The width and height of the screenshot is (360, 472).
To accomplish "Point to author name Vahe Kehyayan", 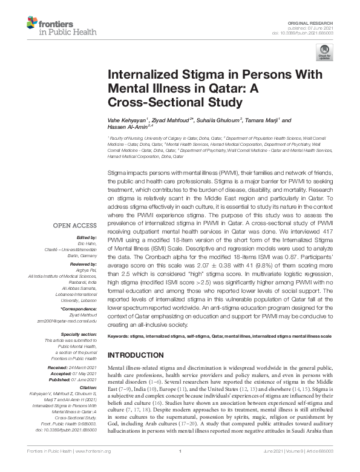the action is (127, 120).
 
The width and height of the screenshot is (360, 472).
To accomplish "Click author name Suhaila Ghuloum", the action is (200, 120).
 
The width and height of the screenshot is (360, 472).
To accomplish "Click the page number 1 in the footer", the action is (180, 468).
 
